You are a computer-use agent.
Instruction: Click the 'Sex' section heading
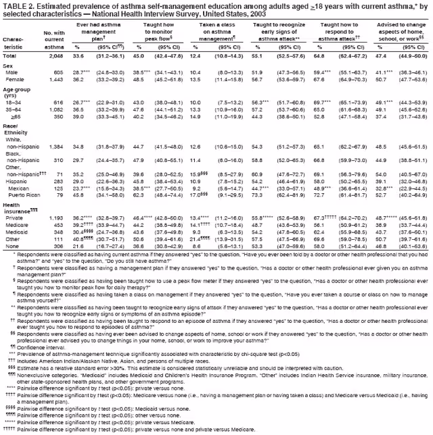(9, 65)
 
